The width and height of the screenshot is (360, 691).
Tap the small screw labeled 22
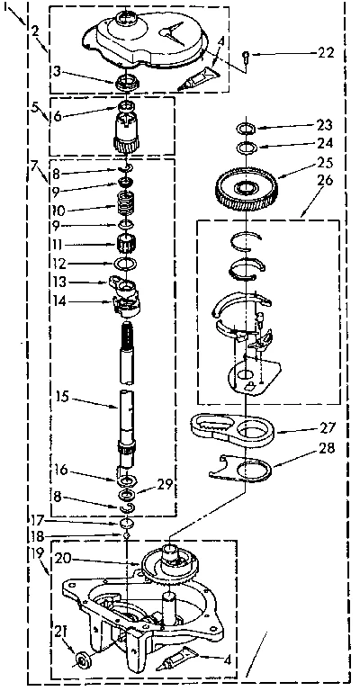pos(247,58)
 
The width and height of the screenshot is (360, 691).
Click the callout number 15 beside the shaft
pos(60,395)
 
